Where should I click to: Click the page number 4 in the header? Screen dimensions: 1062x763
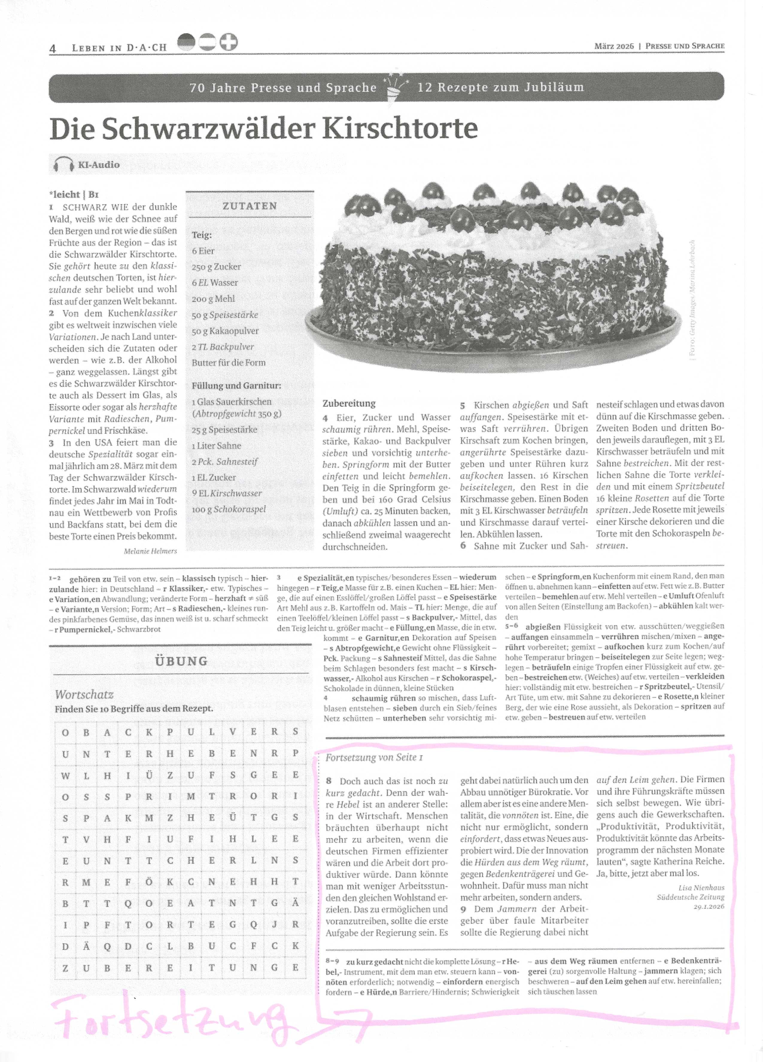[x=53, y=48]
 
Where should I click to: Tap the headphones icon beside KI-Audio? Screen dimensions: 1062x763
[x=64, y=165]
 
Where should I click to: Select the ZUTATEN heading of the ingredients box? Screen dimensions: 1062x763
[x=250, y=206]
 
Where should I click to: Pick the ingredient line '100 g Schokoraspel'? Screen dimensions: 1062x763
[x=228, y=509]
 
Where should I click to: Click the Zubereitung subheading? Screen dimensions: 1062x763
[x=349, y=403]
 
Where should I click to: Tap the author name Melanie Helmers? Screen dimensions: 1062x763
[x=150, y=551]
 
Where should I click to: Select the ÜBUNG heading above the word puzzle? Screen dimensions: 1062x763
[x=181, y=661]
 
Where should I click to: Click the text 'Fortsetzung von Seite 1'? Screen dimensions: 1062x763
[x=374, y=757]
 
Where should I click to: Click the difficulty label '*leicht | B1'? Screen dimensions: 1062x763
[x=74, y=194]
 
